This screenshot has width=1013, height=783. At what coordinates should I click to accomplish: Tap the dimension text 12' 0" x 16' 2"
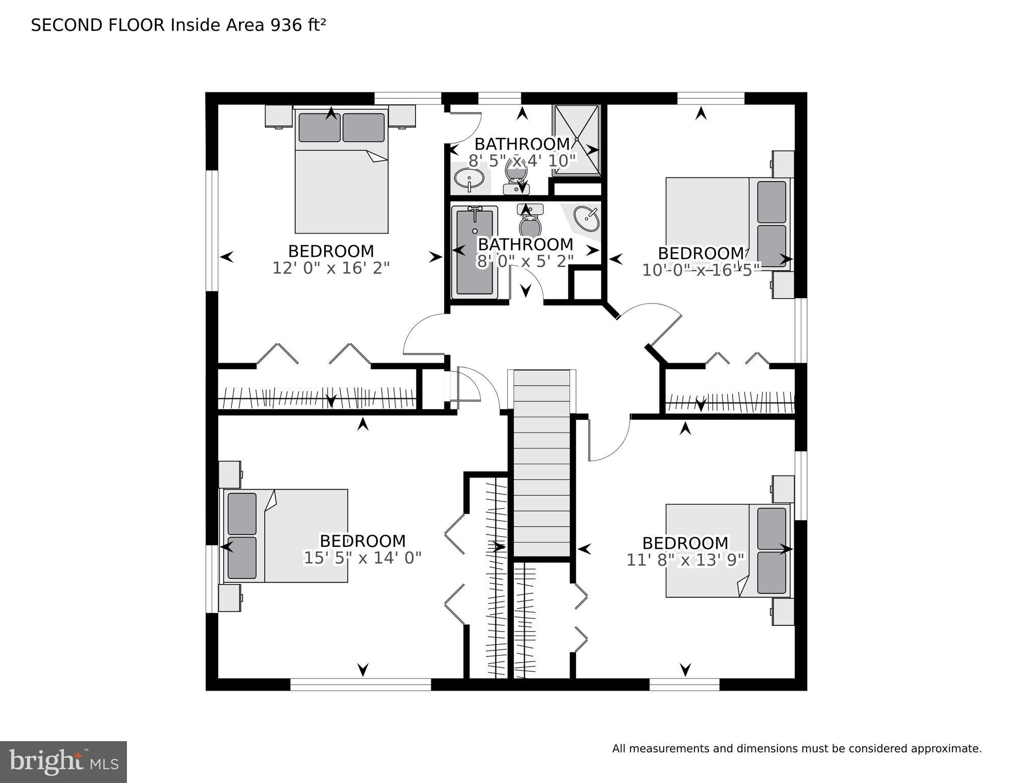pos(331,268)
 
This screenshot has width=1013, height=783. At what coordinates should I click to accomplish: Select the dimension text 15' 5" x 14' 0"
pos(362,558)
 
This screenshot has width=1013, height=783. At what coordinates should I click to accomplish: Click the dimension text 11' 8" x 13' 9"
pos(685,561)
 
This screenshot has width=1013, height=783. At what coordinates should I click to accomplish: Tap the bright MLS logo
pos(63,762)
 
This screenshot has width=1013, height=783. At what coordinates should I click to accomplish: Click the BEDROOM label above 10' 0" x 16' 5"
pos(700,254)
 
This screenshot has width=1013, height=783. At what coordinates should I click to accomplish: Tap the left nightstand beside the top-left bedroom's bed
pos(278,116)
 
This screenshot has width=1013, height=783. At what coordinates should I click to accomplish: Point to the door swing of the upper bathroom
pos(465,127)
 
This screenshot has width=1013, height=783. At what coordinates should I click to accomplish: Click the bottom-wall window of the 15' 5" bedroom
pos(360,684)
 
